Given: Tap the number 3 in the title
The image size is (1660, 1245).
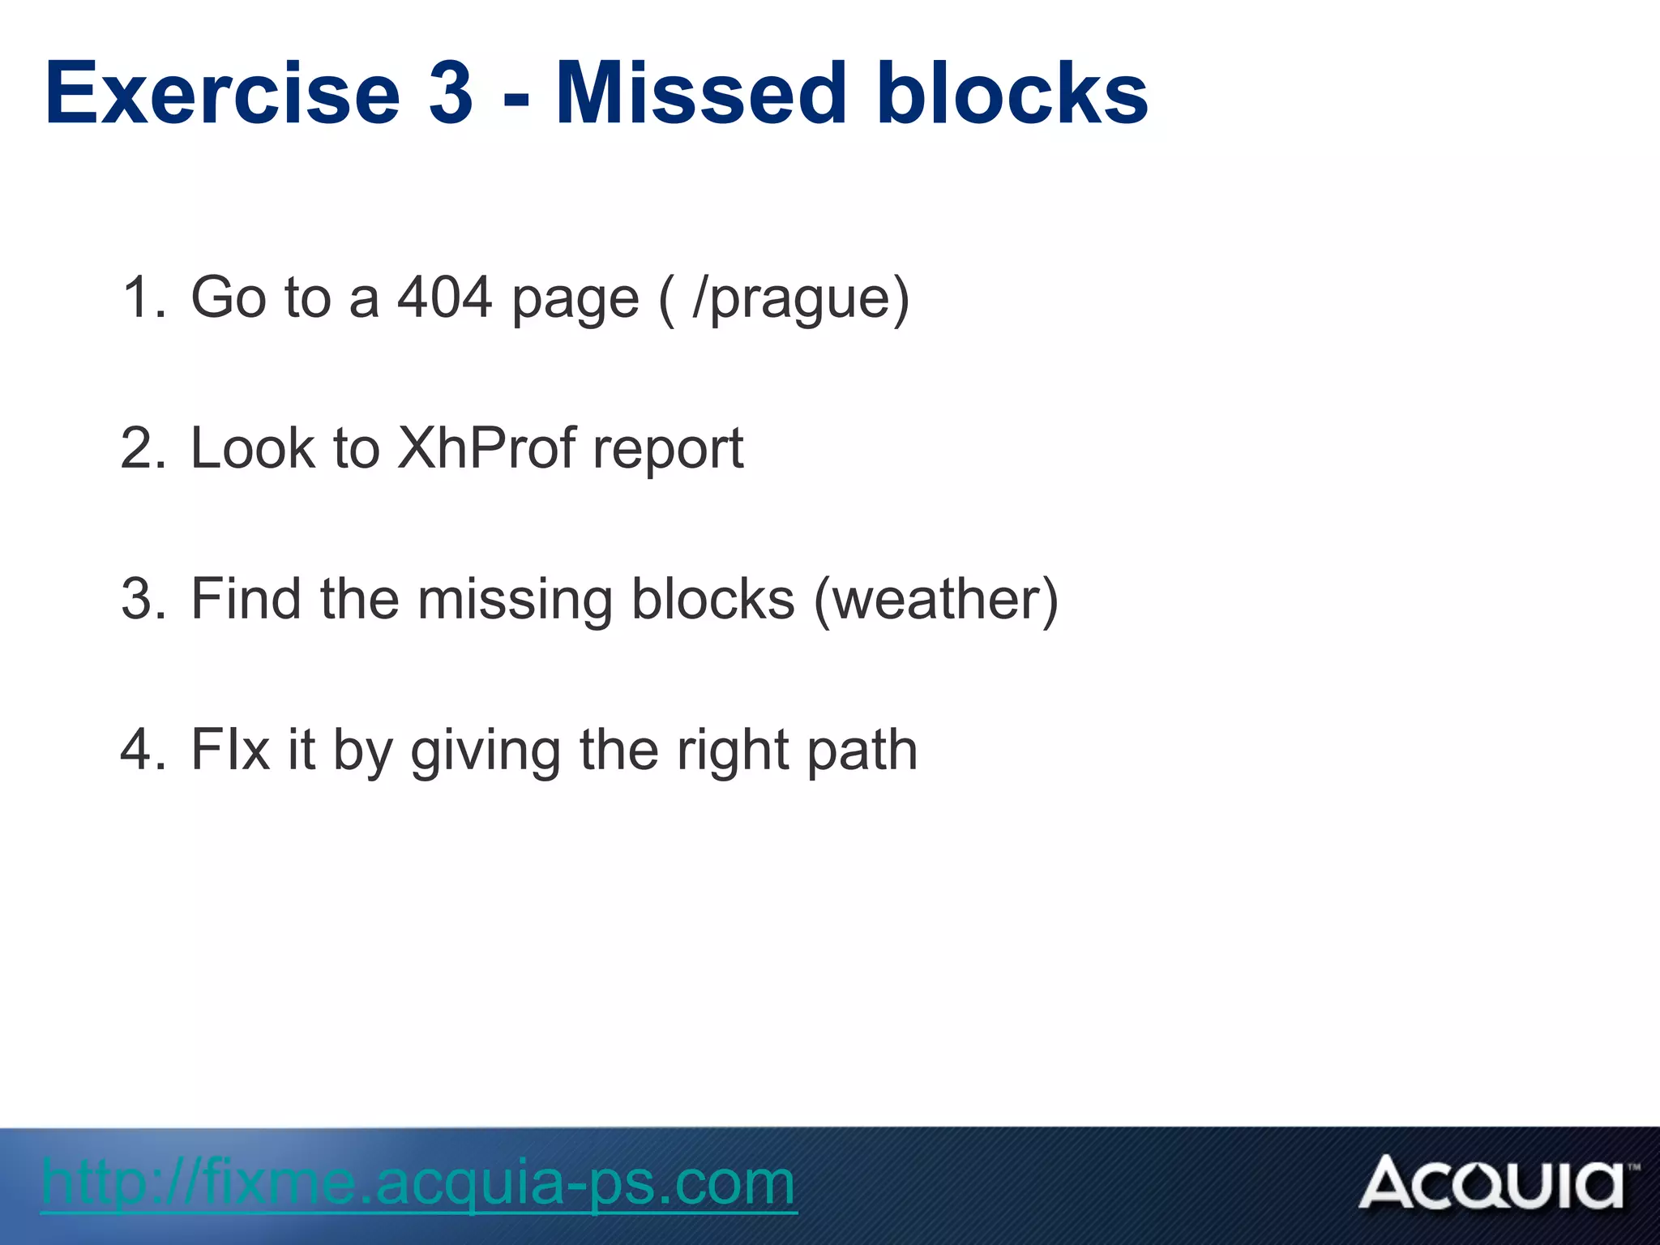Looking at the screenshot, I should tap(451, 95).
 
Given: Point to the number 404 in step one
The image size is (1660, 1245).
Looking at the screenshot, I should tap(444, 297).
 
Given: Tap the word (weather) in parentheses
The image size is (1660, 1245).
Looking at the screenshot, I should tap(935, 601).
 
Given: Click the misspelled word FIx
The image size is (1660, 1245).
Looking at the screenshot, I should tap(229, 750).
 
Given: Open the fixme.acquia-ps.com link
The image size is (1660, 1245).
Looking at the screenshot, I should tap(418, 1183).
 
